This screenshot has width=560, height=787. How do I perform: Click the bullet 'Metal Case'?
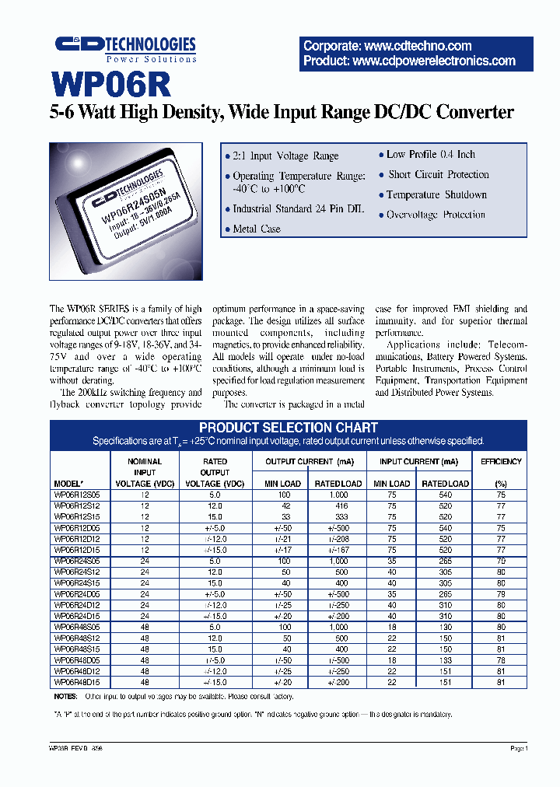click(257, 229)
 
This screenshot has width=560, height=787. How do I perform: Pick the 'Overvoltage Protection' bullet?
click(436, 215)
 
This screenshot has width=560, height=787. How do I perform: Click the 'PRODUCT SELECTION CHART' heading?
click(288, 428)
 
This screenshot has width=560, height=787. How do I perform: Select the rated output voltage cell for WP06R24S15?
click(215, 582)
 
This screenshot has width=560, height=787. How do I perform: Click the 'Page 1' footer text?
click(519, 748)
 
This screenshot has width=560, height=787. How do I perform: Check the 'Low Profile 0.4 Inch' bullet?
click(431, 155)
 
